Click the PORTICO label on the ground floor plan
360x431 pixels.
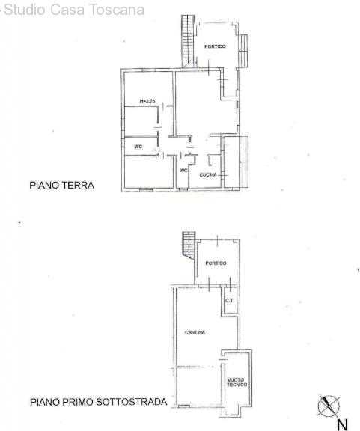point(215,46)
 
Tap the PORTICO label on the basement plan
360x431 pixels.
point(216,263)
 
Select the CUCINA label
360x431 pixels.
point(208,174)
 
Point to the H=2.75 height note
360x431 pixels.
point(147,101)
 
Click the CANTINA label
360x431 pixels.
point(195,332)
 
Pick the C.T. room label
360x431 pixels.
point(230,301)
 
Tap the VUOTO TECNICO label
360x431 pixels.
point(237,382)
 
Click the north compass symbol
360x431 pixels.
point(329,406)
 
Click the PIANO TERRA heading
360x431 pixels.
point(62,185)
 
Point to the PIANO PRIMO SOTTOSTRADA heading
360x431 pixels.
point(99,402)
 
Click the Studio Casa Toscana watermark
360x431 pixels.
point(73,10)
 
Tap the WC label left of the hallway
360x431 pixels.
point(138,147)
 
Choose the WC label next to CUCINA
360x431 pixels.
point(183,171)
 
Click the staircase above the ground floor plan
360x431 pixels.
point(188,41)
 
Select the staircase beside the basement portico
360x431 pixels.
point(189,245)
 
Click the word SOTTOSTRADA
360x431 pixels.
point(132,402)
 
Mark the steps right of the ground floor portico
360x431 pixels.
point(242,51)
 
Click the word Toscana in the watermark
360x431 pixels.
point(117,10)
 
